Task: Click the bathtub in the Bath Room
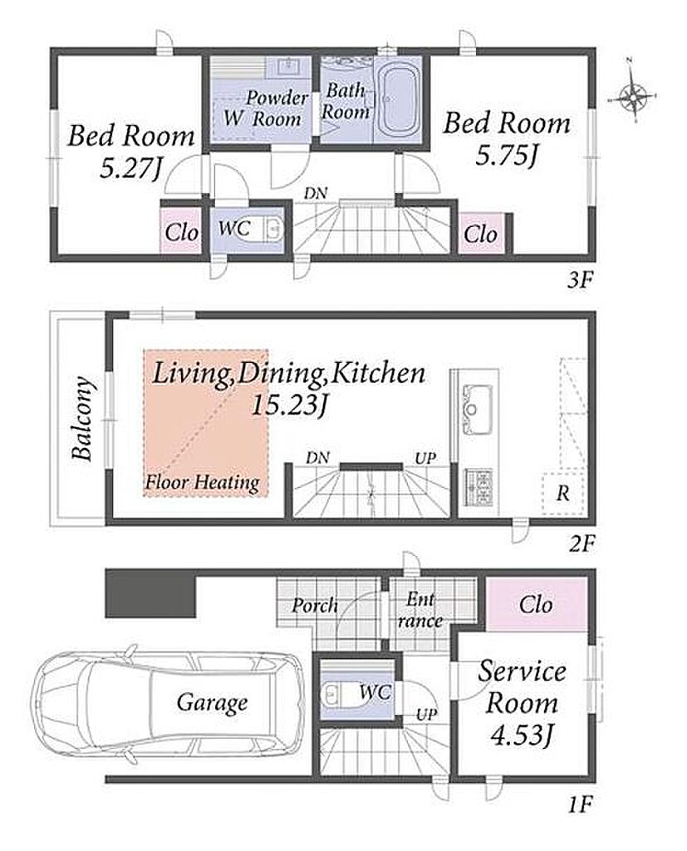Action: click(x=400, y=99)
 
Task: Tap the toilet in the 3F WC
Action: click(x=267, y=230)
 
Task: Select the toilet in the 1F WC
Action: click(x=336, y=692)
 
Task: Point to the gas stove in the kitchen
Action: click(x=478, y=486)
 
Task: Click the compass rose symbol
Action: click(x=633, y=99)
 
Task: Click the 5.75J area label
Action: click(x=507, y=157)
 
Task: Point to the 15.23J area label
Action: click(x=289, y=405)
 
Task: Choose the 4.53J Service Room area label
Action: click(x=522, y=736)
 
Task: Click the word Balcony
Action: click(x=83, y=418)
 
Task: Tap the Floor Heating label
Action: click(x=203, y=482)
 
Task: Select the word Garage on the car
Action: click(x=212, y=703)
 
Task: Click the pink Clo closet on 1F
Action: click(x=536, y=605)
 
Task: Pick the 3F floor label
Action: click(x=581, y=280)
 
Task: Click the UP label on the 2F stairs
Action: click(x=424, y=459)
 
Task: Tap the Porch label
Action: click(x=314, y=606)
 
